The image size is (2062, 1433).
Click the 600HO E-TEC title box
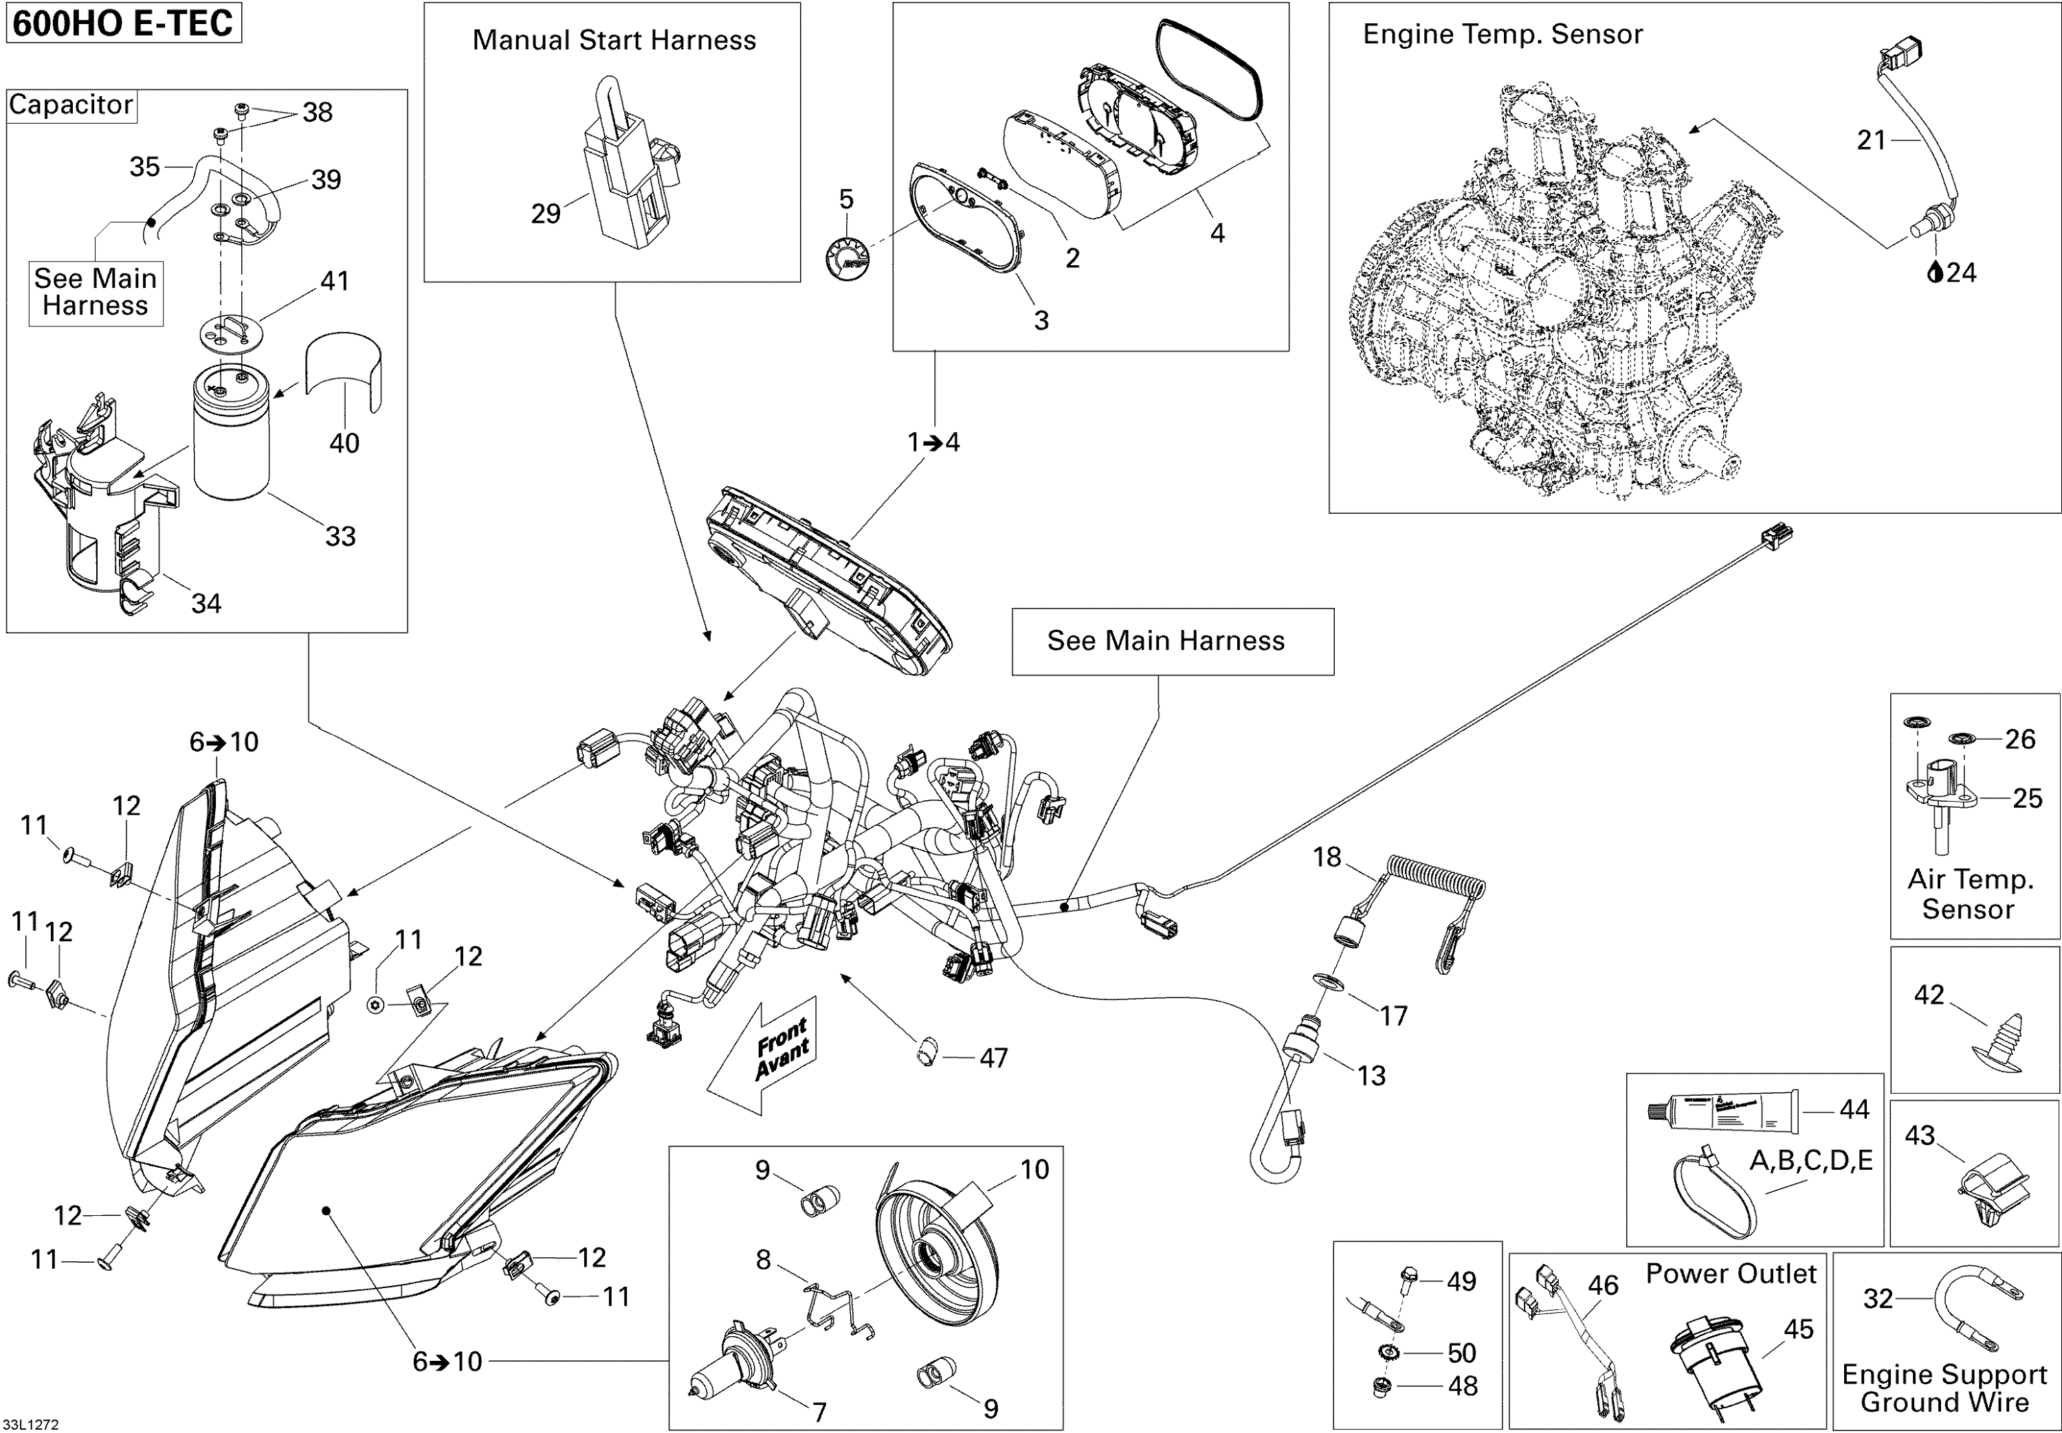click(x=123, y=23)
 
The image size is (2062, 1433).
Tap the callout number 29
click(x=545, y=214)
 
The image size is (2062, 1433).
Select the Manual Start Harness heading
click(x=613, y=41)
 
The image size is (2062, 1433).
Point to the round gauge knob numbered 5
click(x=847, y=258)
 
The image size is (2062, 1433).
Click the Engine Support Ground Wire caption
click(x=1944, y=1388)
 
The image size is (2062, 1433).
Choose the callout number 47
click(x=993, y=1058)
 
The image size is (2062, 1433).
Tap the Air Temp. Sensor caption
click(x=1969, y=894)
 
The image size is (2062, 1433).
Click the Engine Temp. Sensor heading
click(x=1503, y=34)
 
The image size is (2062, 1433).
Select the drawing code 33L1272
click(x=30, y=1424)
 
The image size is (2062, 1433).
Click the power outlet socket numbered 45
click(x=1705, y=1361)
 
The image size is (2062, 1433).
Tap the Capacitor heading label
click(x=71, y=105)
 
